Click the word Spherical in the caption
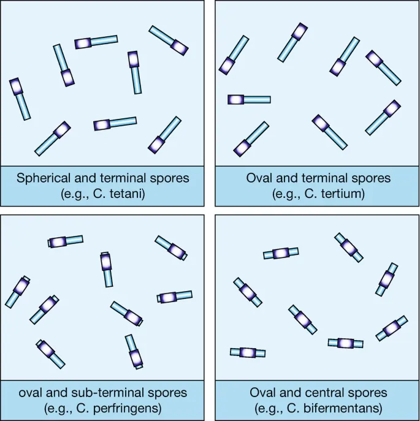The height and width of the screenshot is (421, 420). click(42, 179)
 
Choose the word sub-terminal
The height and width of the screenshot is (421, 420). click(113, 392)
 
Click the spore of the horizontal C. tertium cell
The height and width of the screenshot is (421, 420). click(236, 99)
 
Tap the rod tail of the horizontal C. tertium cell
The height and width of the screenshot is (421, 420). click(258, 99)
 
